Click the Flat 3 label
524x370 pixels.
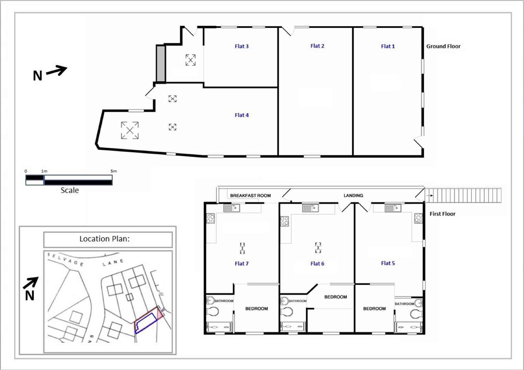coord(242,46)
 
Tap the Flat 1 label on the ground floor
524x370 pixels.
coord(388,46)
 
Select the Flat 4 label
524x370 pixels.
coord(242,115)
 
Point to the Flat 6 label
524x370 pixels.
coord(317,263)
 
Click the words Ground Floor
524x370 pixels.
coord(443,46)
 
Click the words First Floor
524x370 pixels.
coord(442,214)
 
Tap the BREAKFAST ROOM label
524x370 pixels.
coord(250,196)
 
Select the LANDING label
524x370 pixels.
coord(353,195)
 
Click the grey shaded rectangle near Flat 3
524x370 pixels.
coord(161,64)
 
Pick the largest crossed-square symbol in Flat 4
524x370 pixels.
coord(130,131)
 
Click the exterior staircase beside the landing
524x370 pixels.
coord(463,195)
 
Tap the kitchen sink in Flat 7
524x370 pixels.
coord(231,208)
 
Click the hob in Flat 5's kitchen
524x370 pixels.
coord(418,218)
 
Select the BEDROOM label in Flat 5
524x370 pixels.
coord(374,309)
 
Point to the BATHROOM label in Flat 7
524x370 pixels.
coord(224,301)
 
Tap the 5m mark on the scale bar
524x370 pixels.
coord(113,171)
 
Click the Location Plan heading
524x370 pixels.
coord(105,239)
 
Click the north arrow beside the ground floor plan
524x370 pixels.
coord(56,71)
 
